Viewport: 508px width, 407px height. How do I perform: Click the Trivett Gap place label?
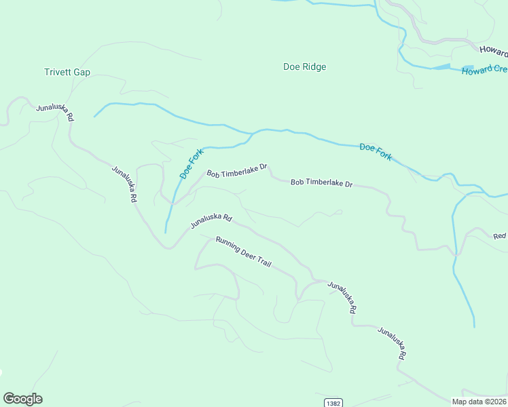pos(67,73)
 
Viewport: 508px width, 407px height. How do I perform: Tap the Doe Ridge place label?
pos(304,66)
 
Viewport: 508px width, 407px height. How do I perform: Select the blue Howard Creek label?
pos(484,70)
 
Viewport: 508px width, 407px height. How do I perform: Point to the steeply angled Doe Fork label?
pos(192,163)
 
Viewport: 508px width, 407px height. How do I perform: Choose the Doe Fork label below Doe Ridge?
pos(376,151)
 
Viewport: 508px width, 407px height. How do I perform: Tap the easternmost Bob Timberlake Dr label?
pos(322,183)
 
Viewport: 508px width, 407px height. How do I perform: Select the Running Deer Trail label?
pos(243,251)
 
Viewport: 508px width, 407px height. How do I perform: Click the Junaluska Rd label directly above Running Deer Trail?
pos(211,221)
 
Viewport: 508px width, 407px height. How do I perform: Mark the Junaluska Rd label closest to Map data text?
pos(393,344)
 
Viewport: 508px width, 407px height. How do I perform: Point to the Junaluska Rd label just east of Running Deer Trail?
pos(342,297)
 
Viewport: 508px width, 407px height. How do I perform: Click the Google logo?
pos(22,399)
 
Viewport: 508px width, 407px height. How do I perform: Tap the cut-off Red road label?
pos(500,236)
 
